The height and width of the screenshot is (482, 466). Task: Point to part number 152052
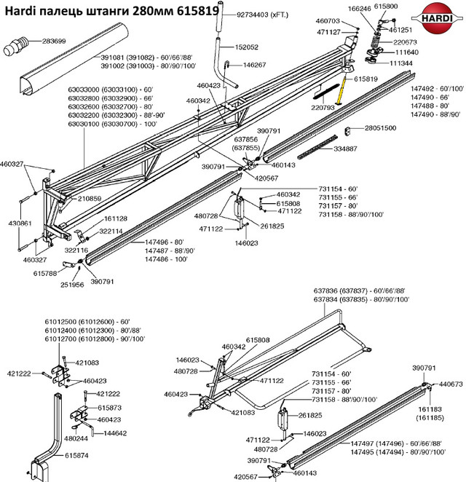pos(245,47)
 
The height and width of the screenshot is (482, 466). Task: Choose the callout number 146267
pos(253,65)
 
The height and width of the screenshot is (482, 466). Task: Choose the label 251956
pos(71,285)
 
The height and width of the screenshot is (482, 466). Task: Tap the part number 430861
pos(20,224)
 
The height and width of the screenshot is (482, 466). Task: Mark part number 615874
pos(77,455)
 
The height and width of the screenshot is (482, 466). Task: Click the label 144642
pos(116,433)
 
